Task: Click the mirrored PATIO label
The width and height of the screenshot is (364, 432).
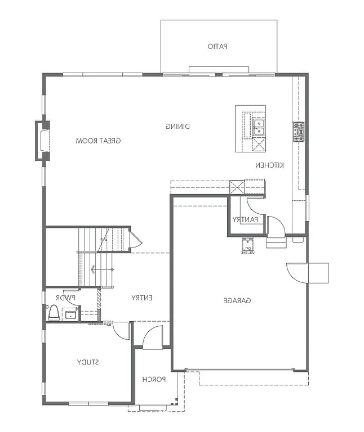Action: coord(217,47)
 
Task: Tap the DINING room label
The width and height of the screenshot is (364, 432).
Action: coord(177,127)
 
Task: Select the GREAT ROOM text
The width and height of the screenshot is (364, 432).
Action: coord(99,141)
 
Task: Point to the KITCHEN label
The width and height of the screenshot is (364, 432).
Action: coord(269,165)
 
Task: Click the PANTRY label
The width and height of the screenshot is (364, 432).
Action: coord(245,219)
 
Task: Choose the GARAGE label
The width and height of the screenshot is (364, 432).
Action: coord(237,301)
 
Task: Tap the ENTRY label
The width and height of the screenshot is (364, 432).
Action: coord(142,298)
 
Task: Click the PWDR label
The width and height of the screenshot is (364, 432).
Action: coord(66,297)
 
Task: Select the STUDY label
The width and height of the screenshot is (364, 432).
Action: coord(88,362)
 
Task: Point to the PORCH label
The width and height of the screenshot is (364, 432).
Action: coord(153,379)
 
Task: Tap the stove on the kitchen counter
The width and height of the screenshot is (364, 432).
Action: coord(298,132)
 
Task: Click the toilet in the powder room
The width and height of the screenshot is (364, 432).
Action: coord(54,313)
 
